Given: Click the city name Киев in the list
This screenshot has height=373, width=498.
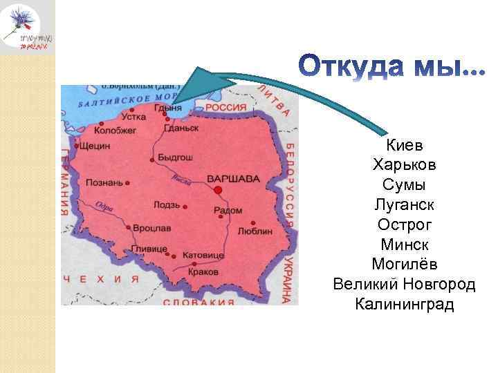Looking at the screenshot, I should [x=405, y=146].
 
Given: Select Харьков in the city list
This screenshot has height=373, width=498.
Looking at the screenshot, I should [x=405, y=166].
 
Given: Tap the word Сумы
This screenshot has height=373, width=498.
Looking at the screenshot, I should [x=405, y=186].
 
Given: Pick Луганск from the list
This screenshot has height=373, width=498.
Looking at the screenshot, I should [x=405, y=205].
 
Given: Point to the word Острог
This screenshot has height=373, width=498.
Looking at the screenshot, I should [x=405, y=225].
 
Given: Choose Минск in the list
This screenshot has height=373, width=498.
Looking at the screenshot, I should [x=405, y=245].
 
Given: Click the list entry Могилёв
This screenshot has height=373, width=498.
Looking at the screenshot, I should [x=405, y=265].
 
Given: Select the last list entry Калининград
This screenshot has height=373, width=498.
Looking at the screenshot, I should [x=405, y=304].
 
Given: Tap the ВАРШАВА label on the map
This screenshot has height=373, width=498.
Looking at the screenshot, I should [x=238, y=179].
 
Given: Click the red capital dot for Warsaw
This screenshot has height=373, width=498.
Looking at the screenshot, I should [x=218, y=189].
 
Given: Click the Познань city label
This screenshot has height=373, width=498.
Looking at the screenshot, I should [x=104, y=182].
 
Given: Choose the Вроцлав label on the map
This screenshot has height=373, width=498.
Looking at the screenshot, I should [x=153, y=227].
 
